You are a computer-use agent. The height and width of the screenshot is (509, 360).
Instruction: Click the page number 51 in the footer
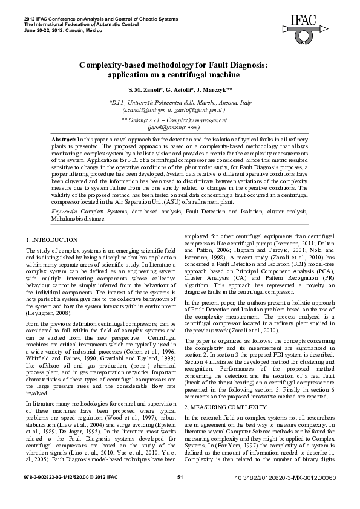[x=180, y=494]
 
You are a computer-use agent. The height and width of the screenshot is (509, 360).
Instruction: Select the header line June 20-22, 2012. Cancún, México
[x=62, y=29]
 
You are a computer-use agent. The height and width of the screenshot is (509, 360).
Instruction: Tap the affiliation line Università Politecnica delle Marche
[x=180, y=103]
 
